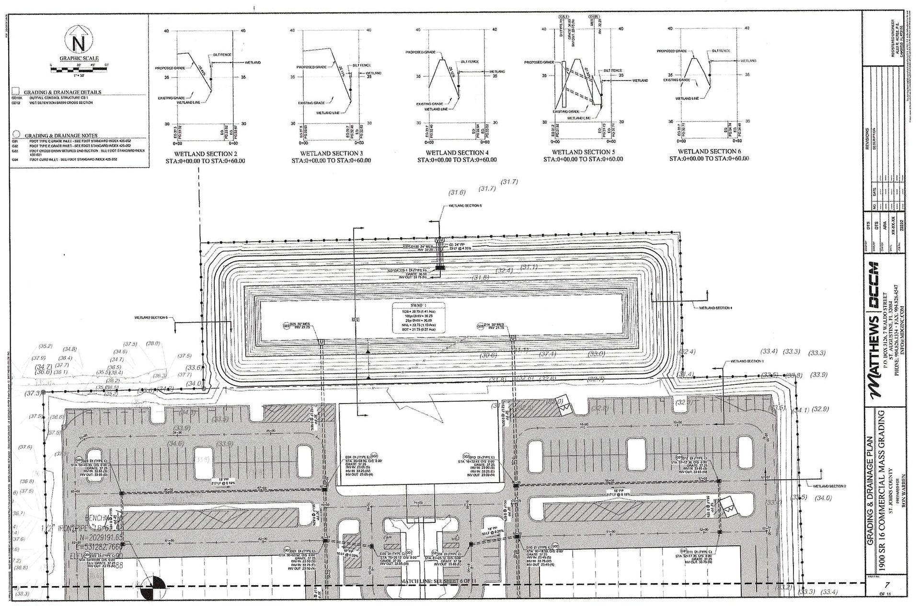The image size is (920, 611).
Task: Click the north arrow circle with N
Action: (79, 44)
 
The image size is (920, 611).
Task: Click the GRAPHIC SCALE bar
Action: (79, 70)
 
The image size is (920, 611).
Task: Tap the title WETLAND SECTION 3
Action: (331, 153)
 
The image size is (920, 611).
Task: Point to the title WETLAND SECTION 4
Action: (457, 153)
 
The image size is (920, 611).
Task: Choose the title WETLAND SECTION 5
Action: (583, 152)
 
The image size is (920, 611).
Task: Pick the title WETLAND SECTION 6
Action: (709, 151)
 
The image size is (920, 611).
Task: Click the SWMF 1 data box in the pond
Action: (419, 317)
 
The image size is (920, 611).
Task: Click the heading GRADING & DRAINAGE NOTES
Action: (61, 136)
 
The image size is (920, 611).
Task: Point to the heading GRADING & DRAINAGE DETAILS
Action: (63, 92)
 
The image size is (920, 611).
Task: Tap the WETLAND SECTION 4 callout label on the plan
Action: (715, 308)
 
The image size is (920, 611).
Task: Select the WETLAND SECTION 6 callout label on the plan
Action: (151, 317)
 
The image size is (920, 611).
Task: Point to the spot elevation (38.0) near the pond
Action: (153, 343)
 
